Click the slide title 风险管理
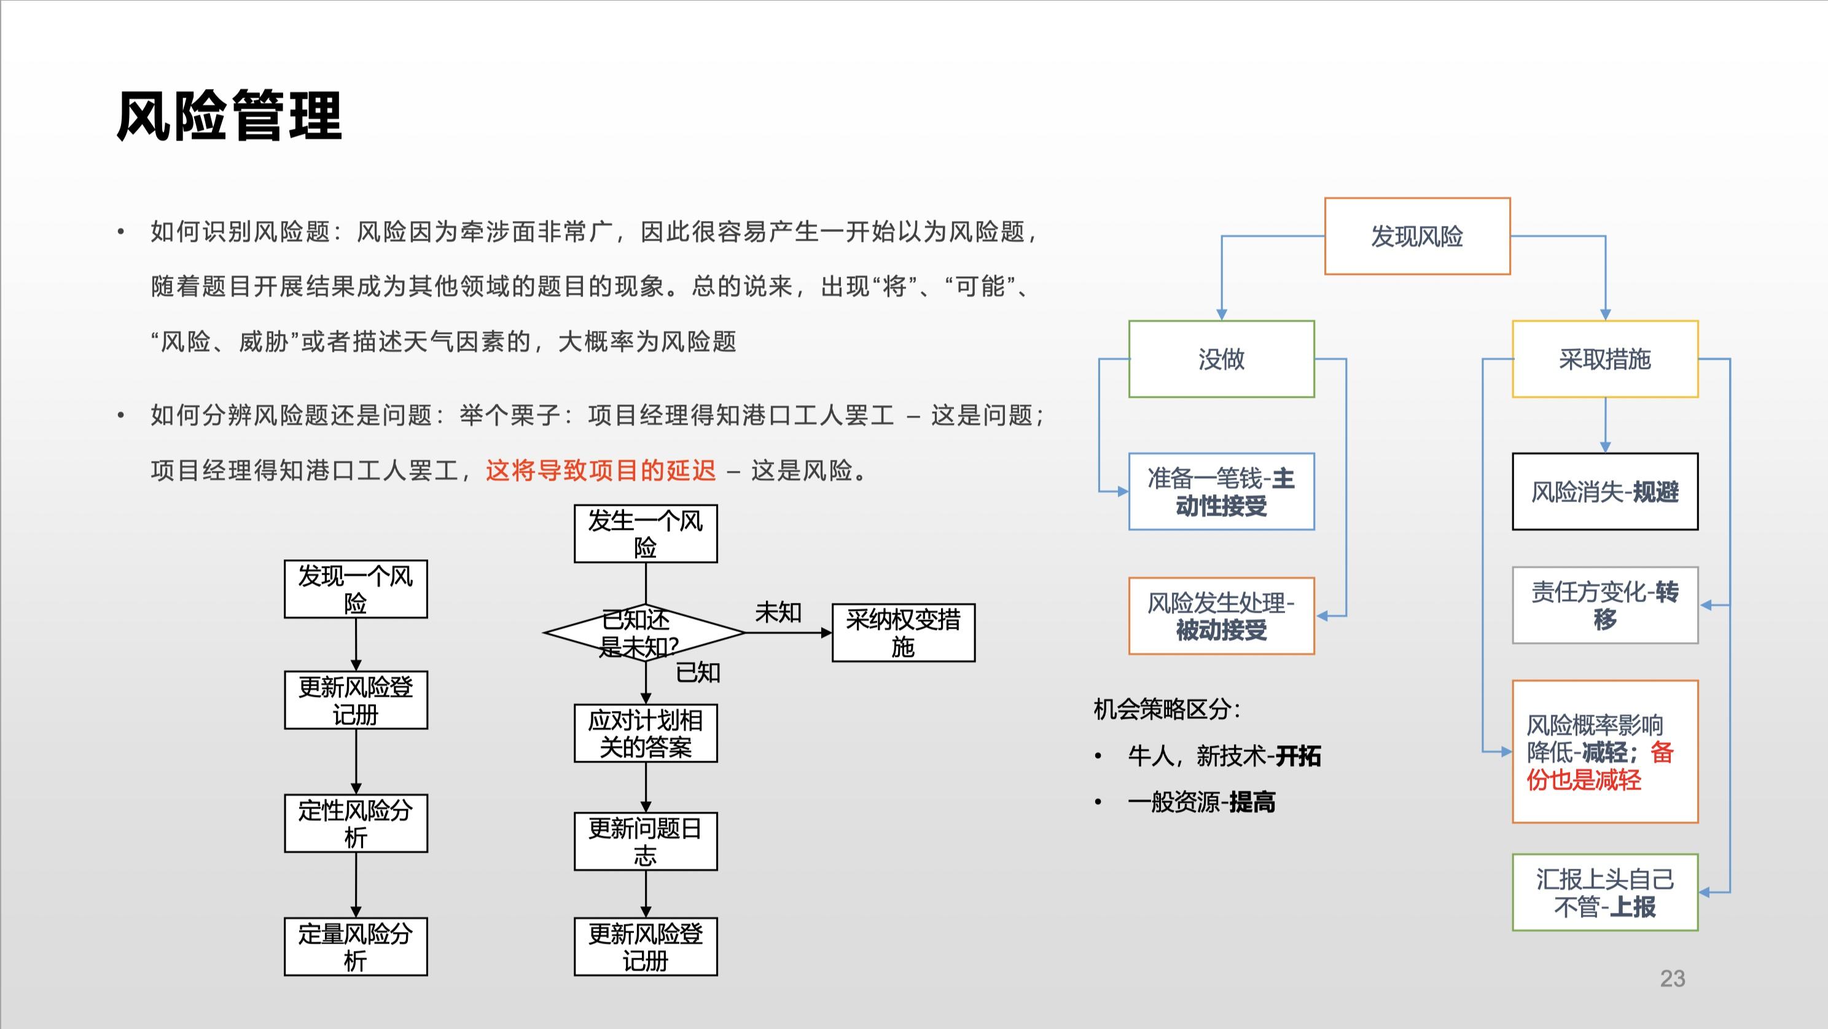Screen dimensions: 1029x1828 tap(228, 116)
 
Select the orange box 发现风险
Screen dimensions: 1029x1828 tap(1416, 236)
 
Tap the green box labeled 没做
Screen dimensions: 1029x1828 tap(1221, 359)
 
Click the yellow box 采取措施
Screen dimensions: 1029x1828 tap(1604, 359)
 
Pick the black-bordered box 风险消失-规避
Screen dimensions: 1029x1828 tap(1604, 491)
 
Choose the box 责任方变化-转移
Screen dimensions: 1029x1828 tap(1604, 605)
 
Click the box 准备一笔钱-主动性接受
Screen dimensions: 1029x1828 tap(1221, 491)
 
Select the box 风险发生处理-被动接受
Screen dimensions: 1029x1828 tap(1221, 616)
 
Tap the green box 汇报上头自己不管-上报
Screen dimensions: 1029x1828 tap(1604, 892)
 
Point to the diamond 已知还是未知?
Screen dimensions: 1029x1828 tap(644, 632)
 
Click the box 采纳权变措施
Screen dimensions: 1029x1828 tap(903, 632)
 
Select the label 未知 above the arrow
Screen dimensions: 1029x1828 tap(778, 612)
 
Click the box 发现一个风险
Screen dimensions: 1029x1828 tap(356, 589)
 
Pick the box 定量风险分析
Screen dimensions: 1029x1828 tap(356, 947)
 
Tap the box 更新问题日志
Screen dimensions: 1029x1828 tap(645, 841)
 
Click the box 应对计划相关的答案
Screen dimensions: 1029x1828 tap(645, 733)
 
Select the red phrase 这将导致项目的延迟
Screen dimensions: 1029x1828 tap(600, 470)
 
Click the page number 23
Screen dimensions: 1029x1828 tap(1672, 979)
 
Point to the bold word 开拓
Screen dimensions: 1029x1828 tap(1298, 756)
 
